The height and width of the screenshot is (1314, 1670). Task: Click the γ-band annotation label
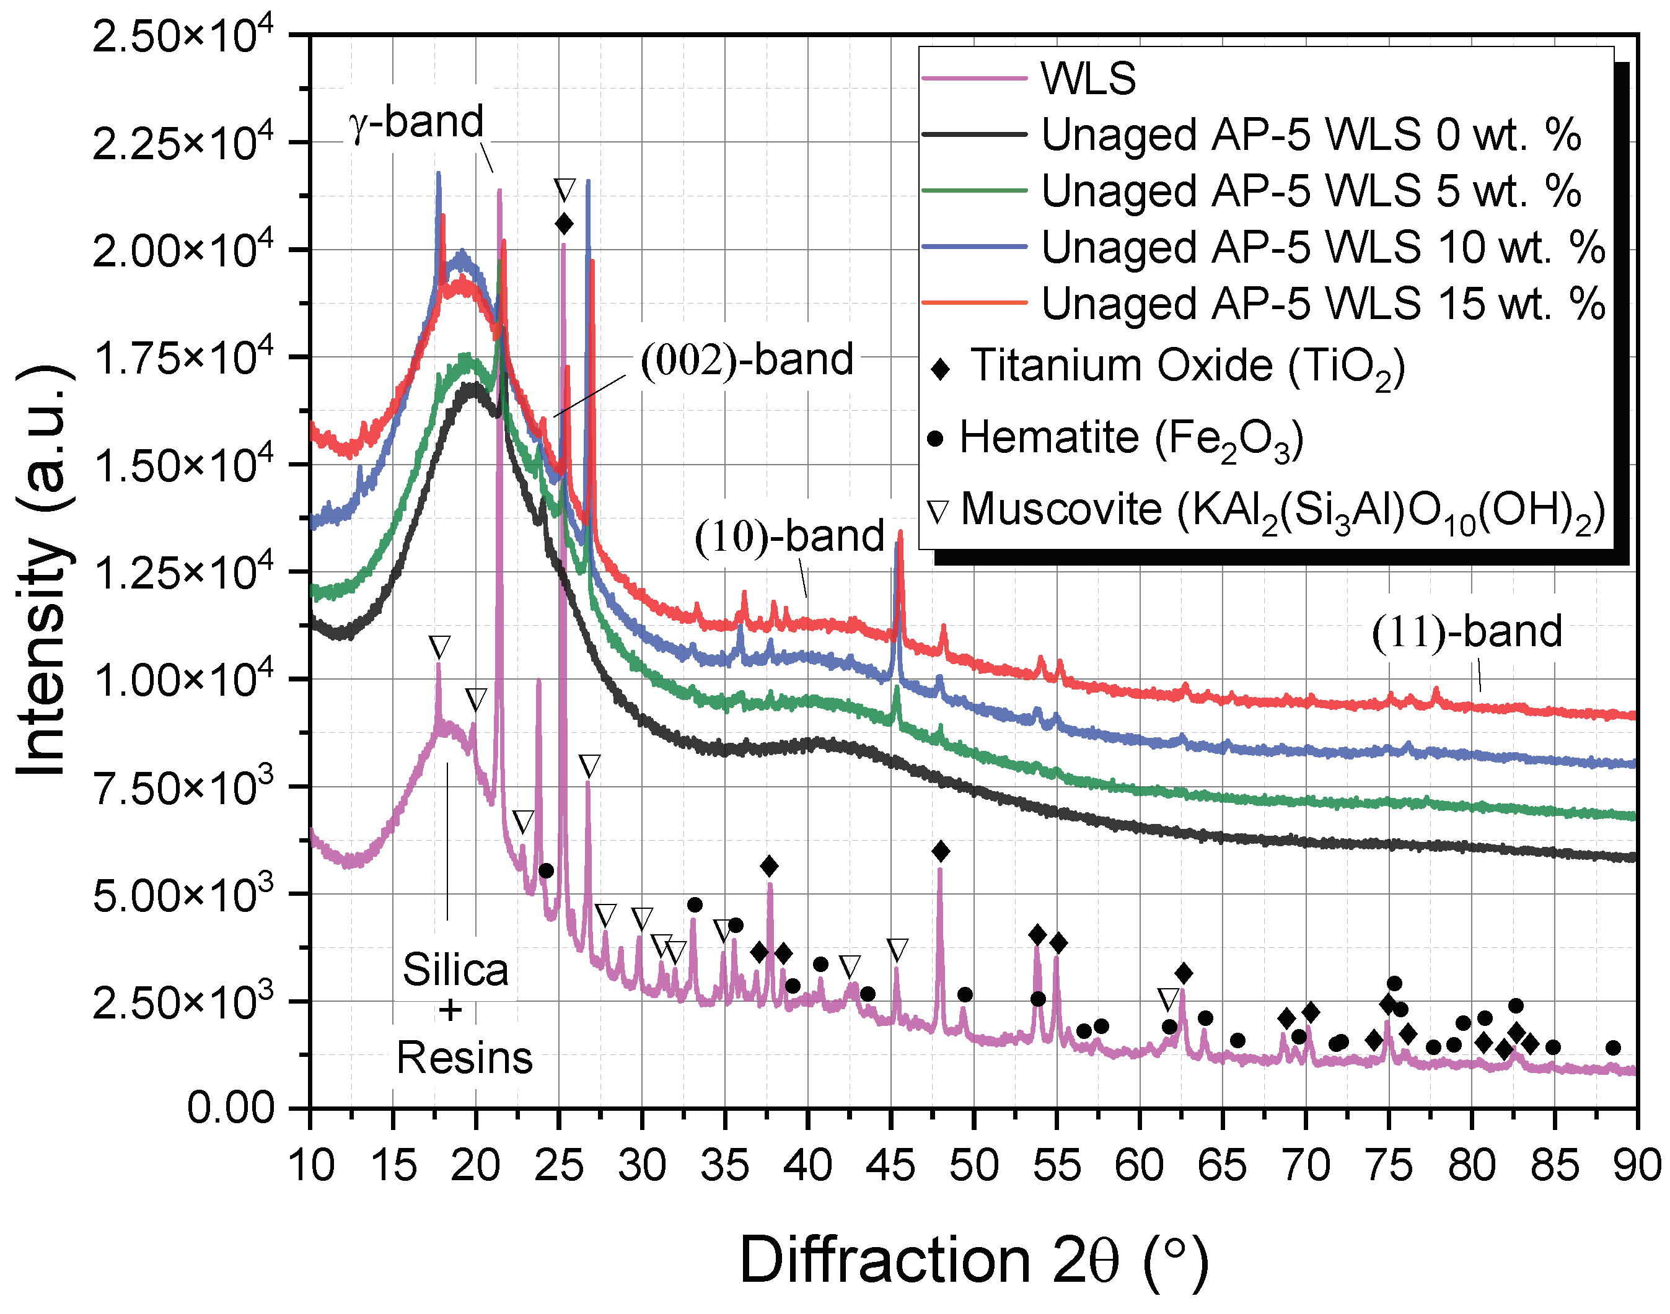pyautogui.click(x=416, y=123)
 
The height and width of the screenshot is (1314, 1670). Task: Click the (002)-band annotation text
pyautogui.click(x=747, y=360)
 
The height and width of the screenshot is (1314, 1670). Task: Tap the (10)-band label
pyautogui.click(x=789, y=537)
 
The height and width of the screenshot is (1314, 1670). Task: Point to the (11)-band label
pyautogui.click(x=1466, y=633)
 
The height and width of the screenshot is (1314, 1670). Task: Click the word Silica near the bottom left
pyautogui.click(x=455, y=970)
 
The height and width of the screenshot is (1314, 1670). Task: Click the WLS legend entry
pyautogui.click(x=1088, y=79)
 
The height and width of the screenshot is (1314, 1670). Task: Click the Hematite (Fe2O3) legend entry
pyautogui.click(x=1132, y=439)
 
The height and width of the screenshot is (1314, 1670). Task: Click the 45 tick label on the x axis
pyautogui.click(x=890, y=1165)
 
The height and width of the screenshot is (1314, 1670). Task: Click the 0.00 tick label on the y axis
pyautogui.click(x=230, y=1108)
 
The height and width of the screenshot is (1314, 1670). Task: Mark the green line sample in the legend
pyautogui.click(x=974, y=191)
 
